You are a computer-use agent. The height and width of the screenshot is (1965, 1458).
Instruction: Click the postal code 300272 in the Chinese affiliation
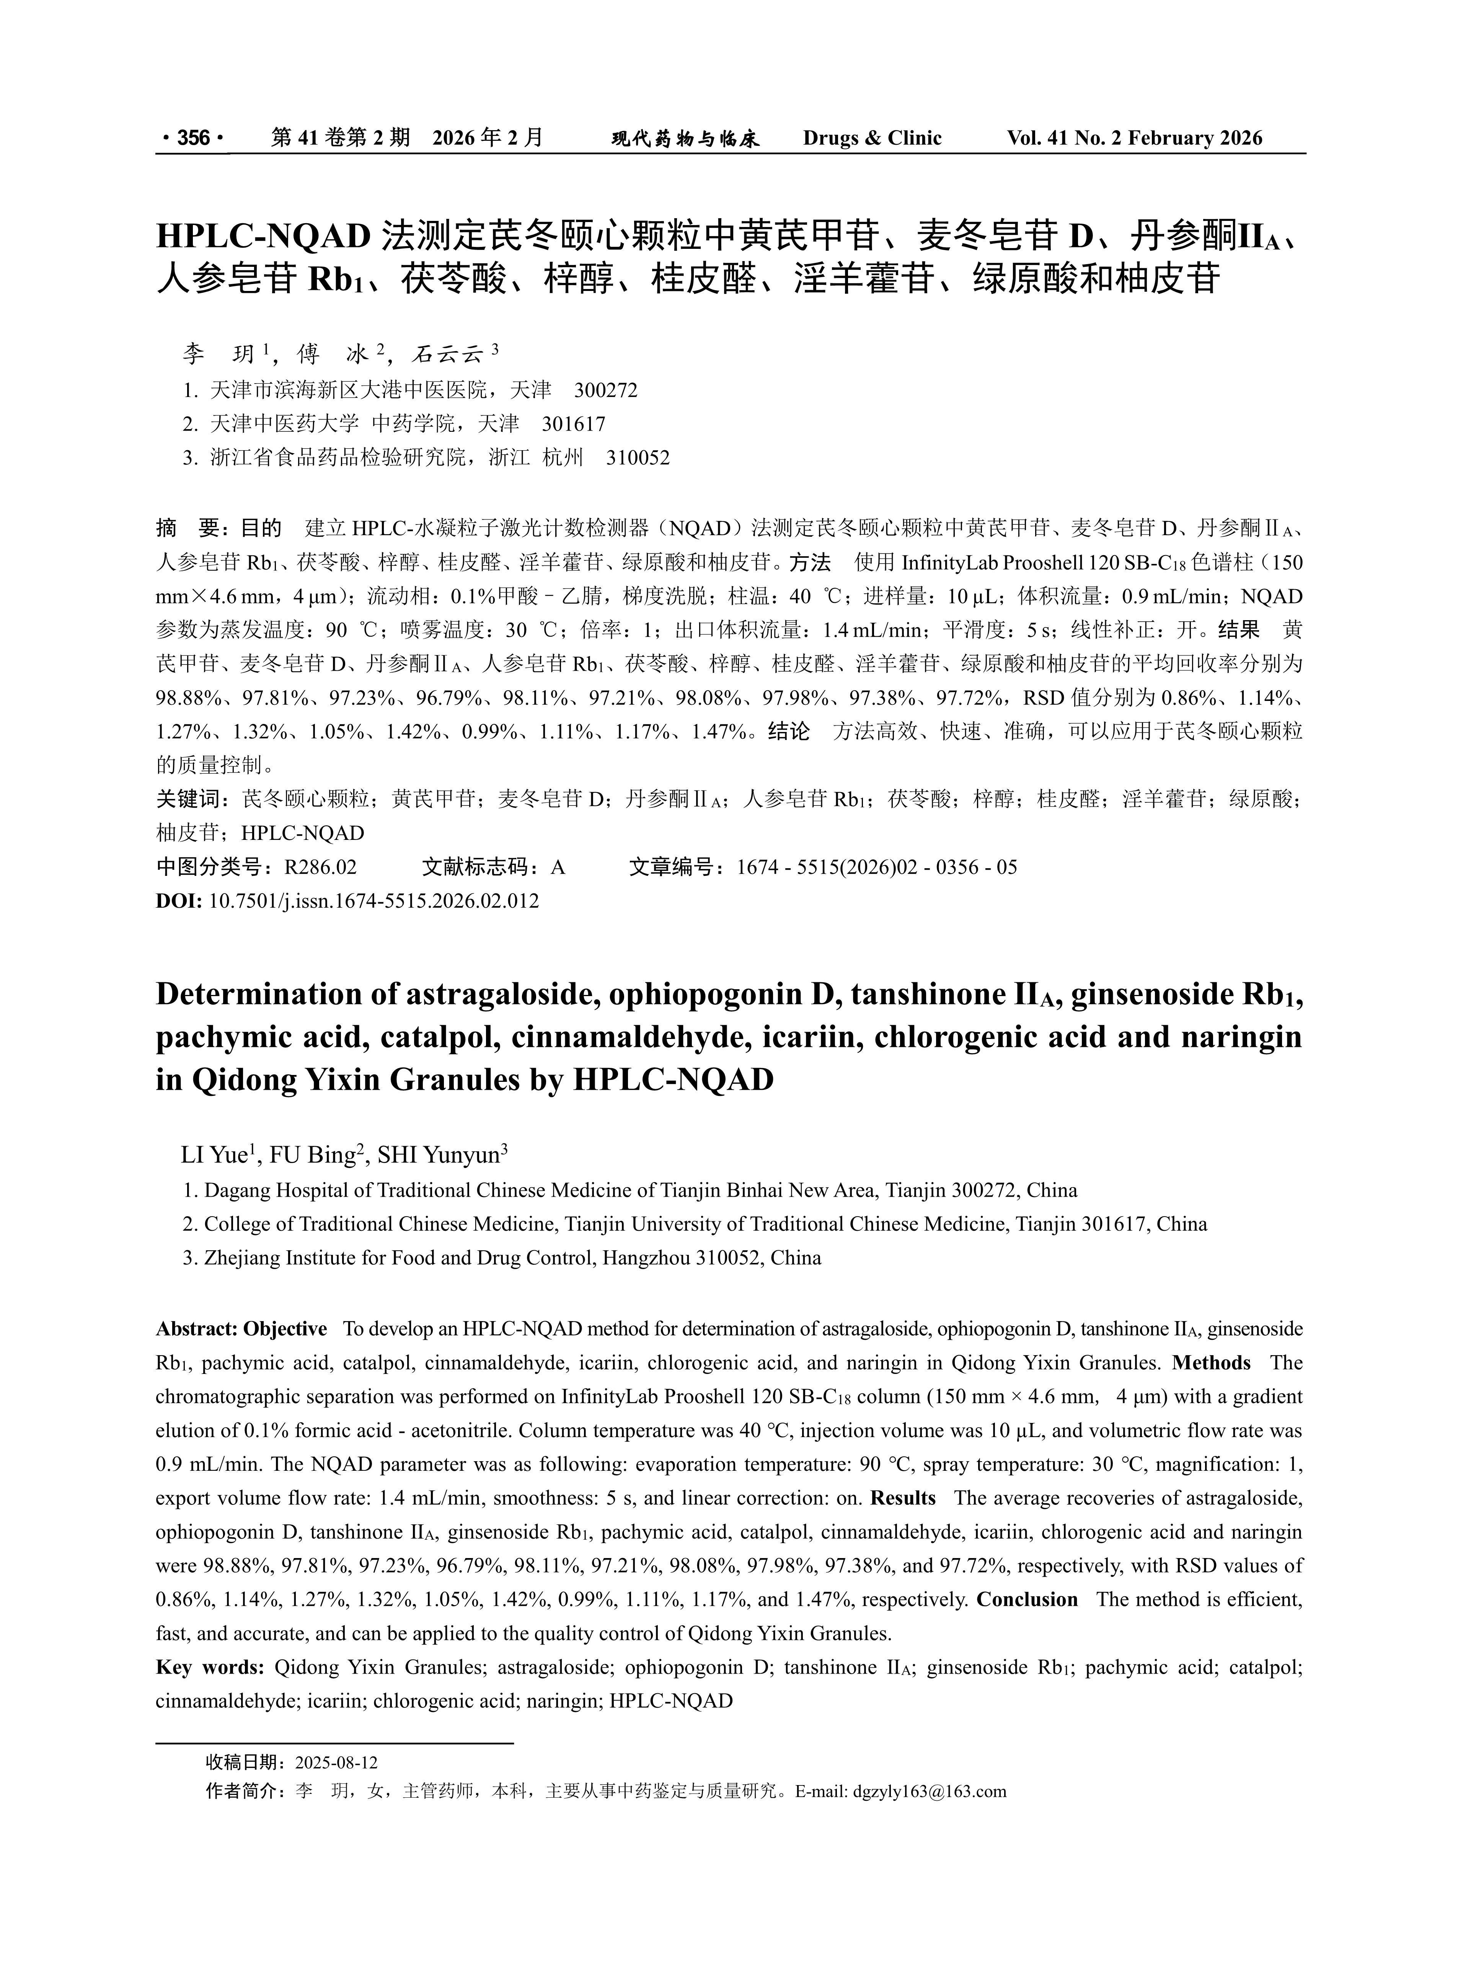[605, 389]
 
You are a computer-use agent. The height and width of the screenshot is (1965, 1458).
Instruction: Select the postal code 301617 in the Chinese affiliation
[574, 424]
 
